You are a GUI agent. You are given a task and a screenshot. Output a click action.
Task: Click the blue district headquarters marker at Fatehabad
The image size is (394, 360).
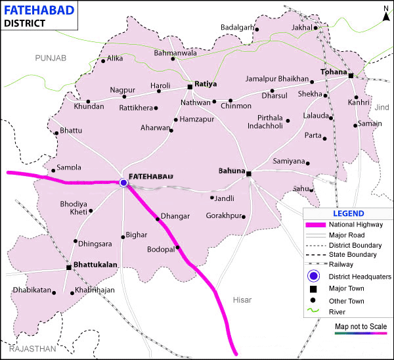pyautogui.click(x=123, y=183)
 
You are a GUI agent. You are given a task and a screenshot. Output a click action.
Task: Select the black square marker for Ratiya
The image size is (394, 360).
pyautogui.click(x=190, y=86)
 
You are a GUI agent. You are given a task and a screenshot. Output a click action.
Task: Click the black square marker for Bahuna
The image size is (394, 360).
pyautogui.click(x=249, y=173)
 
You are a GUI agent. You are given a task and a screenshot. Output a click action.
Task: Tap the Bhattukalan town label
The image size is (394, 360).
pyautogui.click(x=96, y=266)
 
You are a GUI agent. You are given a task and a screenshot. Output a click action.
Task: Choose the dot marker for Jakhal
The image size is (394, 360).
pyautogui.click(x=315, y=28)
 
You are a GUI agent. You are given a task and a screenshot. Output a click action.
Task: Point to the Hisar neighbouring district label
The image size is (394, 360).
pyautogui.click(x=242, y=300)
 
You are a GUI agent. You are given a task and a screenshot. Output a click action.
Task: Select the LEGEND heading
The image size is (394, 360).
pyautogui.click(x=348, y=214)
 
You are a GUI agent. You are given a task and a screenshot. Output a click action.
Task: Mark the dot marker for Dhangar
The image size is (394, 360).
pyautogui.click(x=158, y=219)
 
